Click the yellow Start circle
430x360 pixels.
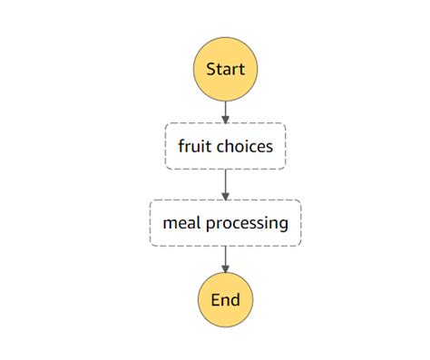(x=225, y=69)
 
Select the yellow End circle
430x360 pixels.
(x=225, y=299)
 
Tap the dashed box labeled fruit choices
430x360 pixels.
(x=225, y=146)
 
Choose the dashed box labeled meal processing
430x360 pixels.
(x=225, y=223)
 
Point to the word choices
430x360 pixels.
(x=244, y=146)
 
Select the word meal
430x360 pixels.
(x=179, y=223)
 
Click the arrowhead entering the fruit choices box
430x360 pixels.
(x=225, y=119)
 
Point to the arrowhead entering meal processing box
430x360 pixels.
(x=225, y=196)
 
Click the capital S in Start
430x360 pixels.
(x=211, y=69)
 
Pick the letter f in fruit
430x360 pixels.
(x=181, y=146)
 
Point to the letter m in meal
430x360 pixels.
(x=168, y=224)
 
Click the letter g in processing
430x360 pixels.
(x=283, y=225)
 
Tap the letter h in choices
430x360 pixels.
(x=230, y=146)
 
